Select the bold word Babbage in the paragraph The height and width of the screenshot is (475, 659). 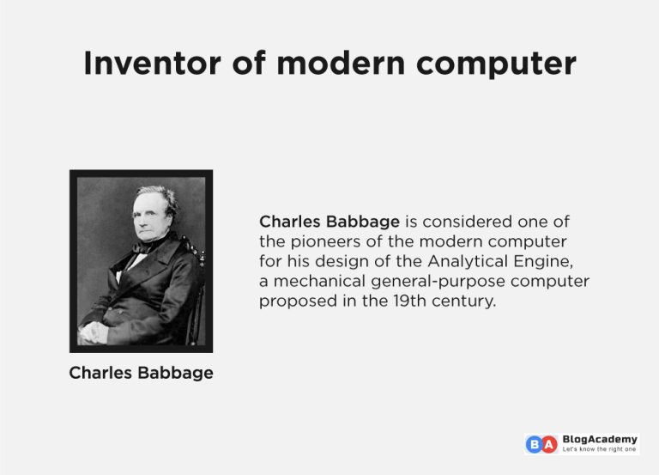tap(366, 222)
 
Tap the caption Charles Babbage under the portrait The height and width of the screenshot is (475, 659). tap(141, 373)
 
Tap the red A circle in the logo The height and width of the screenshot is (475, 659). tap(549, 444)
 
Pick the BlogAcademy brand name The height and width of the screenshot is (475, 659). tap(600, 439)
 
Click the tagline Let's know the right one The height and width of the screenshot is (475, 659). tap(600, 449)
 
